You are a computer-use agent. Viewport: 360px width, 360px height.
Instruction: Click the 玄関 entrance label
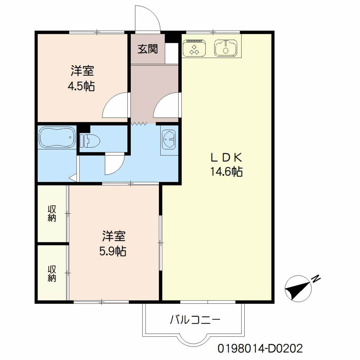click(x=148, y=49)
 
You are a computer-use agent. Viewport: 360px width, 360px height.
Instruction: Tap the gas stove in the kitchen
click(x=194, y=48)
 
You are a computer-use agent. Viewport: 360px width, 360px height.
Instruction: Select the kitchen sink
click(x=226, y=48)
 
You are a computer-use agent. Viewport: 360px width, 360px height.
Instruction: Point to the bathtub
click(x=57, y=137)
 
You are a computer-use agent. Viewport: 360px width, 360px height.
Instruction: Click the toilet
click(x=90, y=141)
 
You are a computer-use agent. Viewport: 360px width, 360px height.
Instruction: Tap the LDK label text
click(x=226, y=158)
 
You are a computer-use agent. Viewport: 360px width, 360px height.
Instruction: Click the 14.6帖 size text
click(x=226, y=171)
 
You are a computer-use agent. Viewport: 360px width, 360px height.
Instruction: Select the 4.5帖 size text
click(x=81, y=86)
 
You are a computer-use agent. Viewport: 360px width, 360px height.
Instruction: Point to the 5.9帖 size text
click(x=113, y=251)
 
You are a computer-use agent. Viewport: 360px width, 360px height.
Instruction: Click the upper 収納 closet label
click(x=52, y=213)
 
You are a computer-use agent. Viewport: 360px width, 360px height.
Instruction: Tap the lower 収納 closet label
click(x=52, y=274)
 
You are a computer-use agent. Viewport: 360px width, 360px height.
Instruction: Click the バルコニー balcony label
click(x=195, y=320)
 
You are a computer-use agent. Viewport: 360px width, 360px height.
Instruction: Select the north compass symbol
click(x=298, y=289)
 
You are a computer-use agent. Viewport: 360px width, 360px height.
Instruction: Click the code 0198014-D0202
click(x=260, y=348)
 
